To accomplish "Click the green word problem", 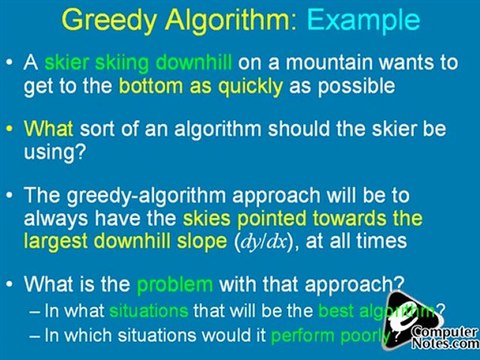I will pyautogui.click(x=196, y=287).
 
